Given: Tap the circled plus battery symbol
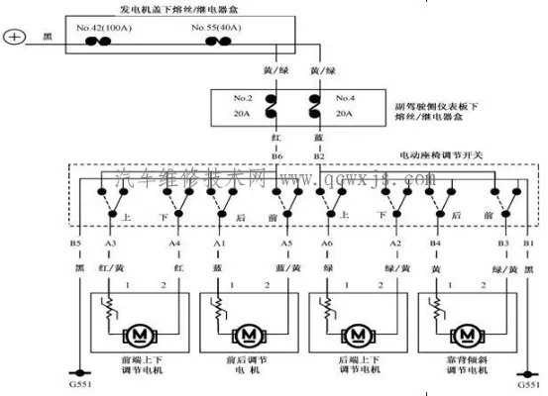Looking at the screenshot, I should point(14,39).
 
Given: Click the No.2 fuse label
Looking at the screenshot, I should point(240,100).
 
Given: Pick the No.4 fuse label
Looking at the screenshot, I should point(346,100).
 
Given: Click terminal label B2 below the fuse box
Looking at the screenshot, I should point(319,156).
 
